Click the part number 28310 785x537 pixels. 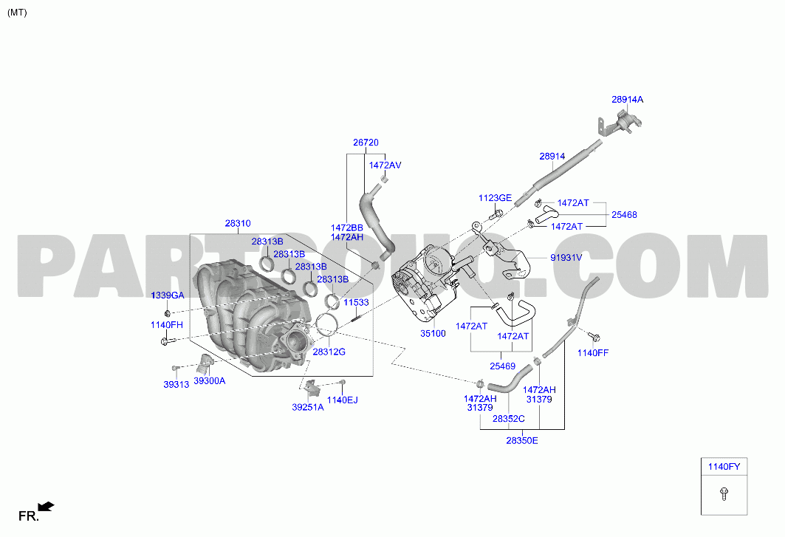pos(238,223)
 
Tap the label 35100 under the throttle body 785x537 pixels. pos(433,334)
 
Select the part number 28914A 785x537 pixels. pos(627,99)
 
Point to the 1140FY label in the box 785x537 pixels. pos(724,467)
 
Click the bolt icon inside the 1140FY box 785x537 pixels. pos(724,494)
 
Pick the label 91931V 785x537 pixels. pos(566,258)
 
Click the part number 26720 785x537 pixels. pos(366,143)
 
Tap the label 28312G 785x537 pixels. pos(329,352)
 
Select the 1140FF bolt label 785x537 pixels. pos(593,352)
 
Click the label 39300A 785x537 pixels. pos(209,380)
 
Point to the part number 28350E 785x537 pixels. pos(521,440)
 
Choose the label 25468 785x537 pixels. pos(624,214)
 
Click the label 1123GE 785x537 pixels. pos(495,198)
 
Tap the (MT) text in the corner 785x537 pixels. pos(17,13)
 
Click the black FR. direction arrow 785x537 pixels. pos(46,507)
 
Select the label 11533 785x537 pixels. pos(356,302)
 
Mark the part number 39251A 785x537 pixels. pos(308,407)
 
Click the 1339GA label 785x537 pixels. pos(168,295)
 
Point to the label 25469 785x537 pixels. pos(502,366)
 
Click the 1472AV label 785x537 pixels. pos(385,165)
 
